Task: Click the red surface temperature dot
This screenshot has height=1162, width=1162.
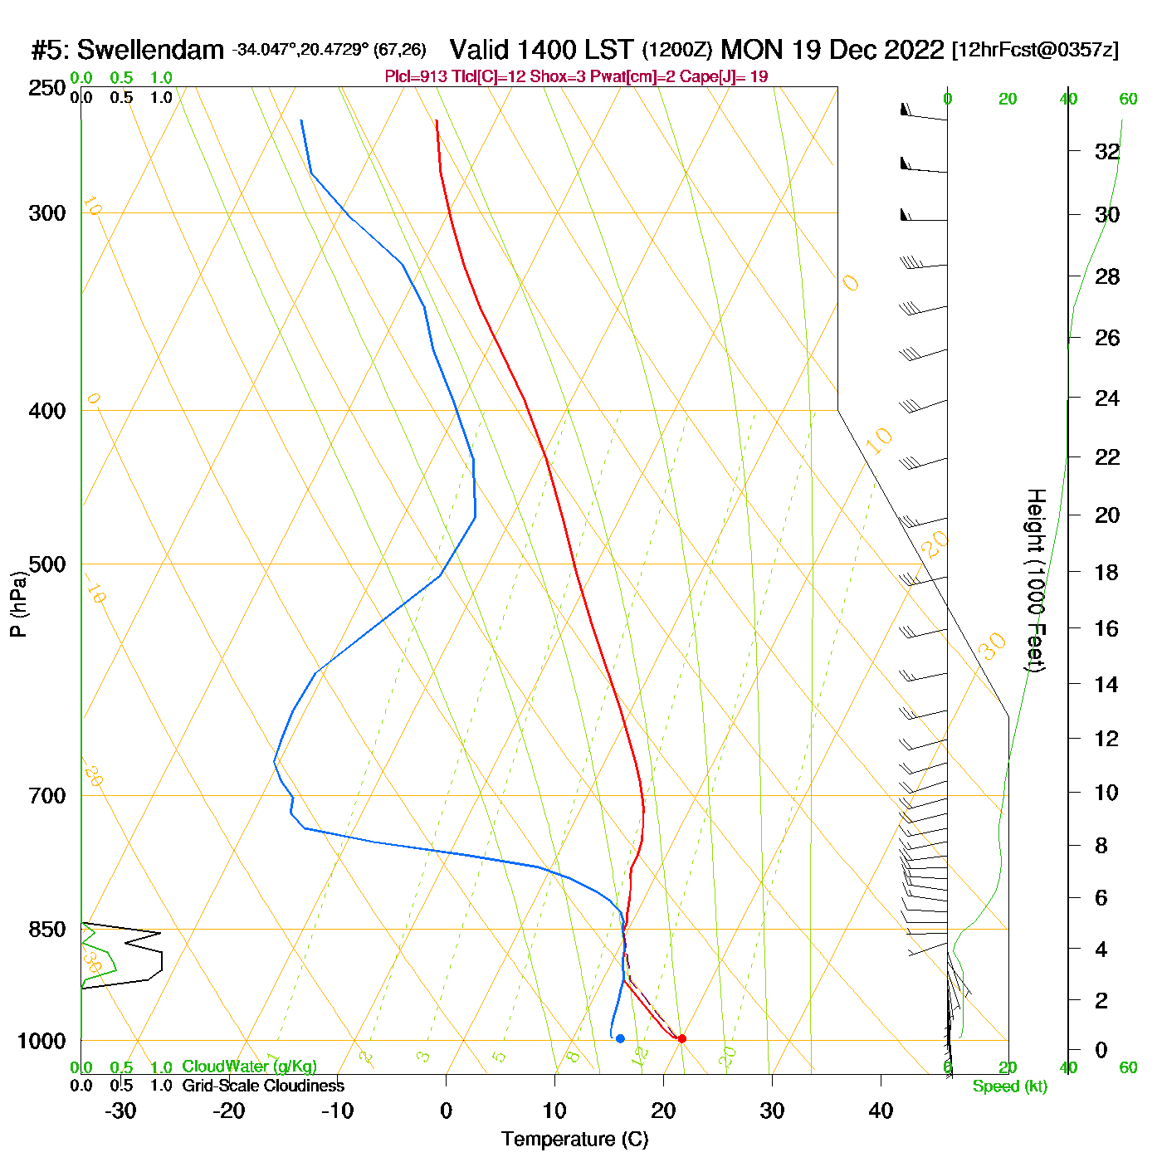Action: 682,1038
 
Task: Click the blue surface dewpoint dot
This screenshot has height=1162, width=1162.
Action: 620,1038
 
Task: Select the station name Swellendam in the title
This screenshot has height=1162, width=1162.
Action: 150,51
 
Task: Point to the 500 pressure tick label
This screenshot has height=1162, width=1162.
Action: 47,564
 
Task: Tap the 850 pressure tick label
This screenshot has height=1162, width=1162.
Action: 47,930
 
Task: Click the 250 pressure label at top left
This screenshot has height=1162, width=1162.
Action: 47,88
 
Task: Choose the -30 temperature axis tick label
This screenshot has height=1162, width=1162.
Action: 120,1111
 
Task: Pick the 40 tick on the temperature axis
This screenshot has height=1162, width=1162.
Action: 881,1111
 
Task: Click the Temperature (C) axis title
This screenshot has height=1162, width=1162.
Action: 574,1140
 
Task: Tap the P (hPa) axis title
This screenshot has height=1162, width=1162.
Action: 18,604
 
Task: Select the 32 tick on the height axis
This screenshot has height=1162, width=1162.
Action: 1107,152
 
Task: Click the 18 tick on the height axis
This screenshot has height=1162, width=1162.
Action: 1107,572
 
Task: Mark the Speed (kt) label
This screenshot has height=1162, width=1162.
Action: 1009,1086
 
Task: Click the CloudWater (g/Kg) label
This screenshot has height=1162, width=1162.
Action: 249,1067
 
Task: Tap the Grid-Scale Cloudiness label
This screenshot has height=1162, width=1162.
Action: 263,1086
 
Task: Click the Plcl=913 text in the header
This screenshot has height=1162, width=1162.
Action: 416,77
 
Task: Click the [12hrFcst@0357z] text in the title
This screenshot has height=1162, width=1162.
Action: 1035,51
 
